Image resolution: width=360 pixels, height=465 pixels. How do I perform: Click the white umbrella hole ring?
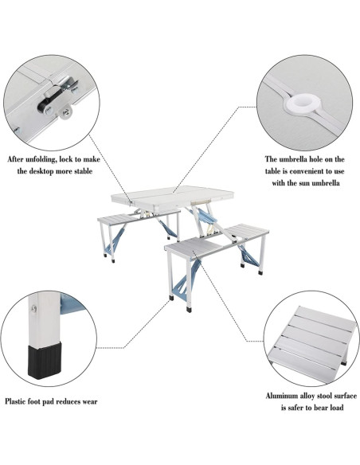306,104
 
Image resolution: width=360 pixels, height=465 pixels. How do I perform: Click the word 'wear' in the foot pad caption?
88,402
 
